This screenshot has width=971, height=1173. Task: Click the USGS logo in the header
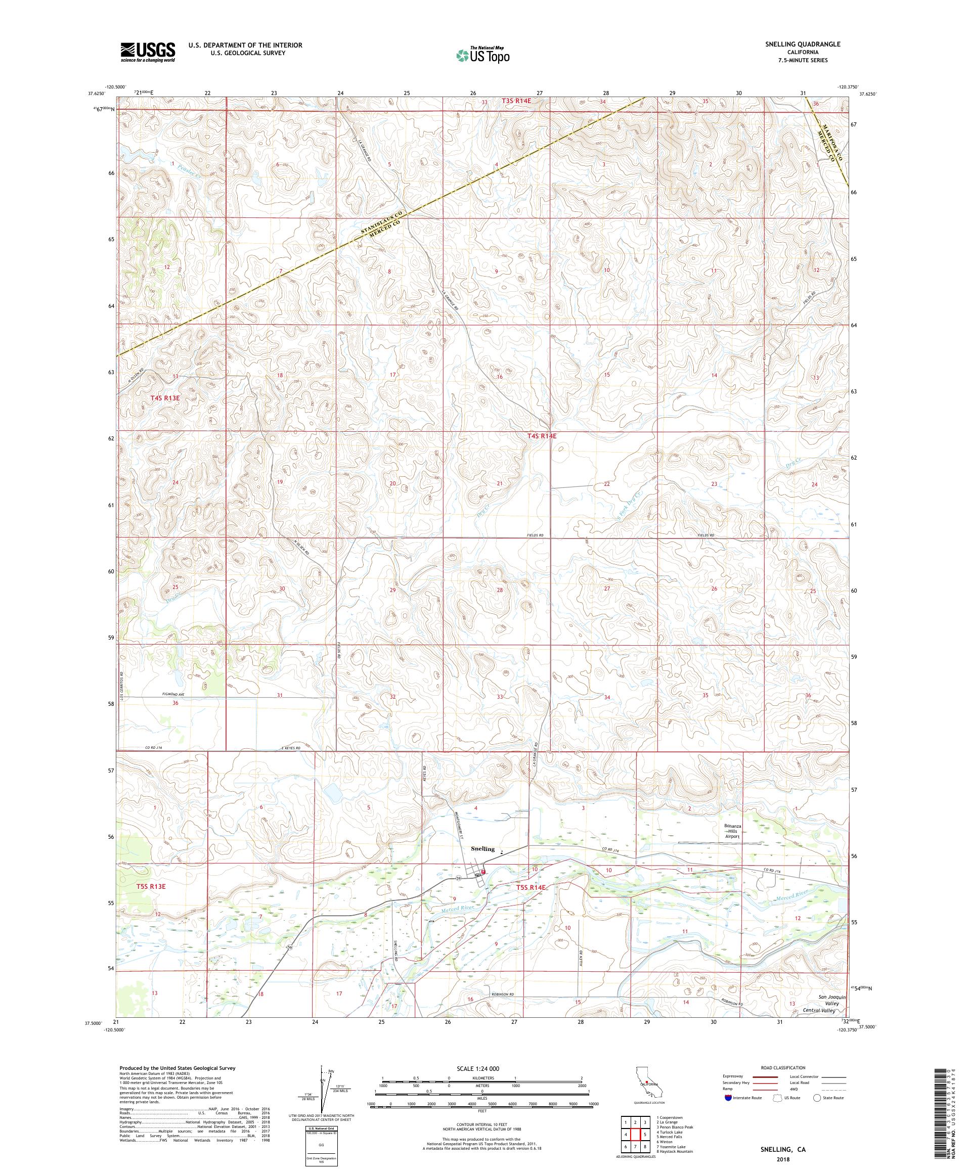tap(148, 53)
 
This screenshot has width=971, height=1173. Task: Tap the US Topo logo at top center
tap(482, 55)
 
